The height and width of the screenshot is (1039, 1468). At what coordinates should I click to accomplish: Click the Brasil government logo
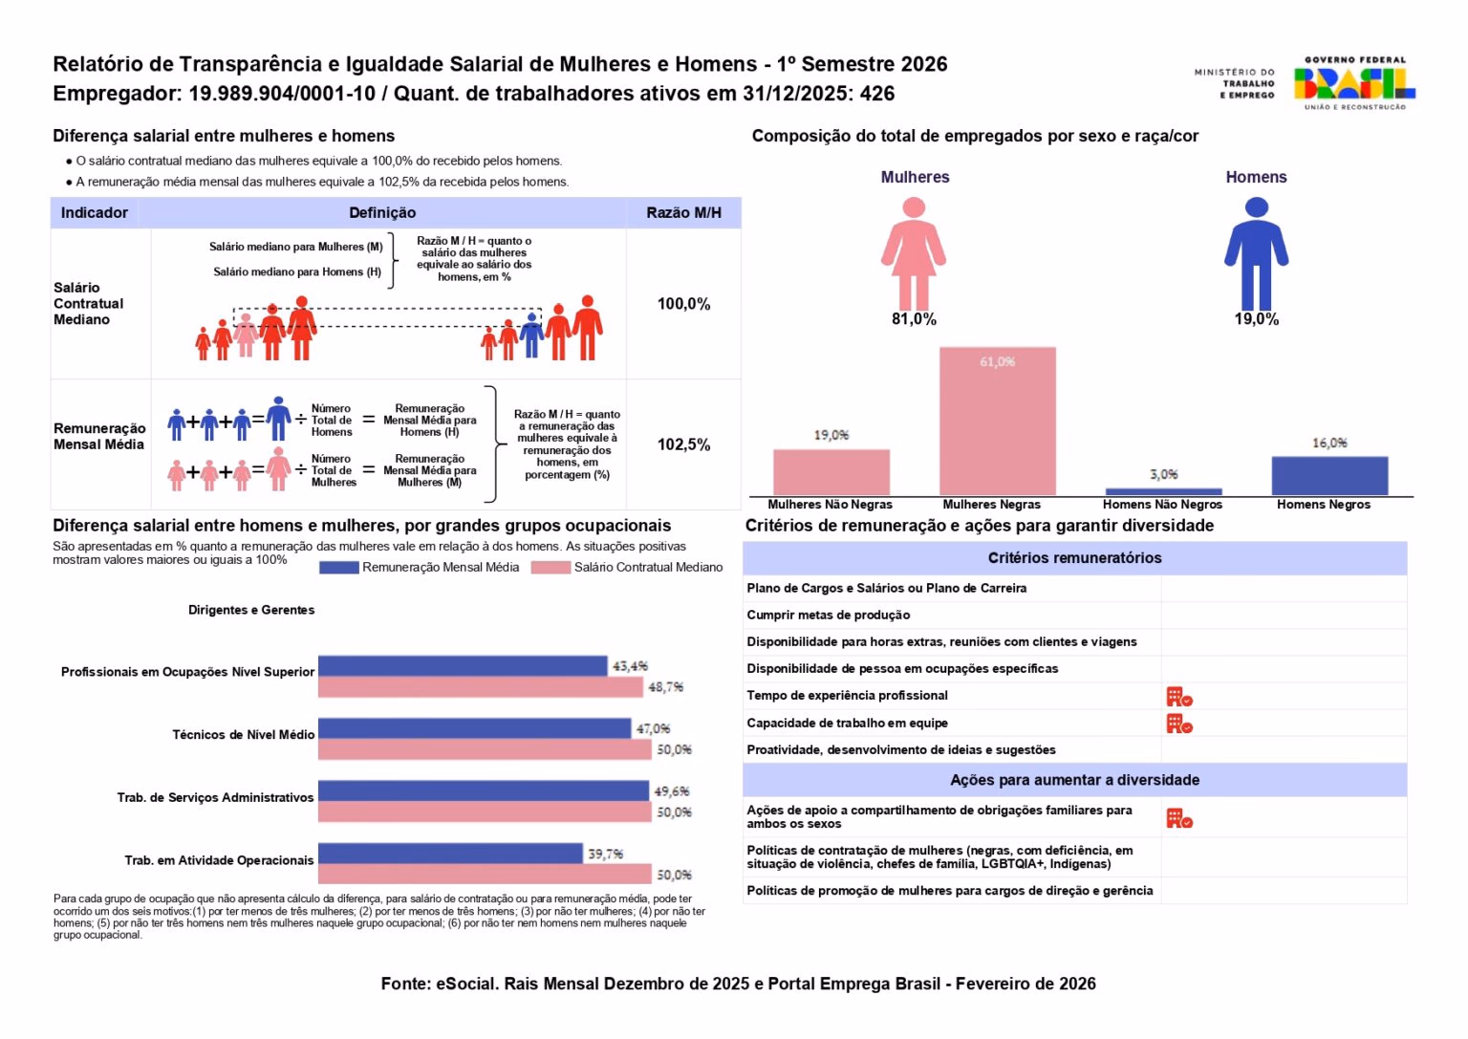click(x=1354, y=83)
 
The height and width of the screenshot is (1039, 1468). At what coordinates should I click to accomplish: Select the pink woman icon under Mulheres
click(x=914, y=253)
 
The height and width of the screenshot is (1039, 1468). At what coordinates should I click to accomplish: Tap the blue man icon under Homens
click(x=1257, y=253)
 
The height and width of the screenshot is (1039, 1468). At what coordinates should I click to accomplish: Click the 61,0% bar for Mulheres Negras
click(x=998, y=421)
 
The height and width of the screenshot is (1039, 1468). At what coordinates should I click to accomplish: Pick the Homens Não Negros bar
click(x=1164, y=491)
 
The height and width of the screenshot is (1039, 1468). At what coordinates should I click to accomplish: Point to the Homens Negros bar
click(x=1329, y=476)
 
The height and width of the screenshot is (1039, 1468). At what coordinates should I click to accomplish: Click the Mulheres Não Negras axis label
click(x=830, y=505)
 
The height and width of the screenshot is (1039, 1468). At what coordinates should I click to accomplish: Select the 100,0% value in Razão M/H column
click(x=683, y=304)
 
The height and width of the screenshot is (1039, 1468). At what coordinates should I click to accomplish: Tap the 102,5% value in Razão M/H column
click(x=683, y=445)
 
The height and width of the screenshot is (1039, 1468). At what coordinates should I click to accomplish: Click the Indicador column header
click(x=95, y=213)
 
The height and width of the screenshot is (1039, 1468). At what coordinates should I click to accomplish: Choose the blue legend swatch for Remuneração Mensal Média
click(x=339, y=568)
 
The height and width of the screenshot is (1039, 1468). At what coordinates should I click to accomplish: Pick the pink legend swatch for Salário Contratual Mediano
click(x=550, y=568)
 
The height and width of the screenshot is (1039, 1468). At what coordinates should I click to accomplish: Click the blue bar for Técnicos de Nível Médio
click(x=474, y=729)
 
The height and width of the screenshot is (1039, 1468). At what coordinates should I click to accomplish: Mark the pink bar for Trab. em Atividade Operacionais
click(x=485, y=875)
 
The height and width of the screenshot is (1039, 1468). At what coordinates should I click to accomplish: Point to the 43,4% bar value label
click(x=630, y=666)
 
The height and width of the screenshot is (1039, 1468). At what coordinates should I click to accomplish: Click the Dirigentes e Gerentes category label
click(x=251, y=610)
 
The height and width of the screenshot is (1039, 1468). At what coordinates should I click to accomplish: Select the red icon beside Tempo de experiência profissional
click(x=1179, y=696)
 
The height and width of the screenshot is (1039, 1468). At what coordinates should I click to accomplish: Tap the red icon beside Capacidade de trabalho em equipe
click(x=1179, y=724)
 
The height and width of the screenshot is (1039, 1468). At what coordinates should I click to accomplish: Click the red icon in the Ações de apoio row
click(x=1179, y=819)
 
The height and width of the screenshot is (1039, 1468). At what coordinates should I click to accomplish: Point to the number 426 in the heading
click(x=876, y=94)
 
